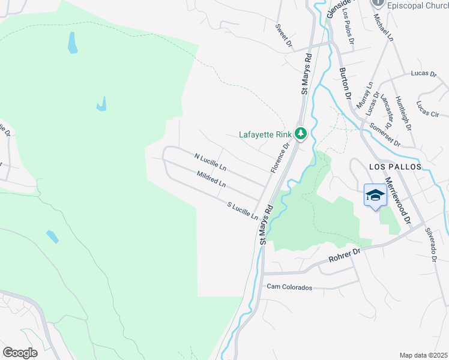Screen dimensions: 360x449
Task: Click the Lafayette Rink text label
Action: [x=265, y=134]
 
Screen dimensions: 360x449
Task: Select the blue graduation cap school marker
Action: [x=375, y=196]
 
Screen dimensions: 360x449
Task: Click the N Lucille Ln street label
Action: [x=211, y=161]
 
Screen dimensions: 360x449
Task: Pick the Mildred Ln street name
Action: [x=211, y=178]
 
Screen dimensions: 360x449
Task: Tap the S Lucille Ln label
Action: [x=243, y=210]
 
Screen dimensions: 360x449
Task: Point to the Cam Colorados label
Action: [x=290, y=287]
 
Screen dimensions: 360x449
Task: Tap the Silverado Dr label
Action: [x=429, y=244]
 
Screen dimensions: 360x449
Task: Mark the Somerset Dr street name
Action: [x=387, y=131]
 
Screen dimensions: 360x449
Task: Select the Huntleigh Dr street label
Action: [x=403, y=114]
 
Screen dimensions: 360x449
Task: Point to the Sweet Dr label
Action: [x=283, y=35]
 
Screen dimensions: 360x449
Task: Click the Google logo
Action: [x=20, y=353]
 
